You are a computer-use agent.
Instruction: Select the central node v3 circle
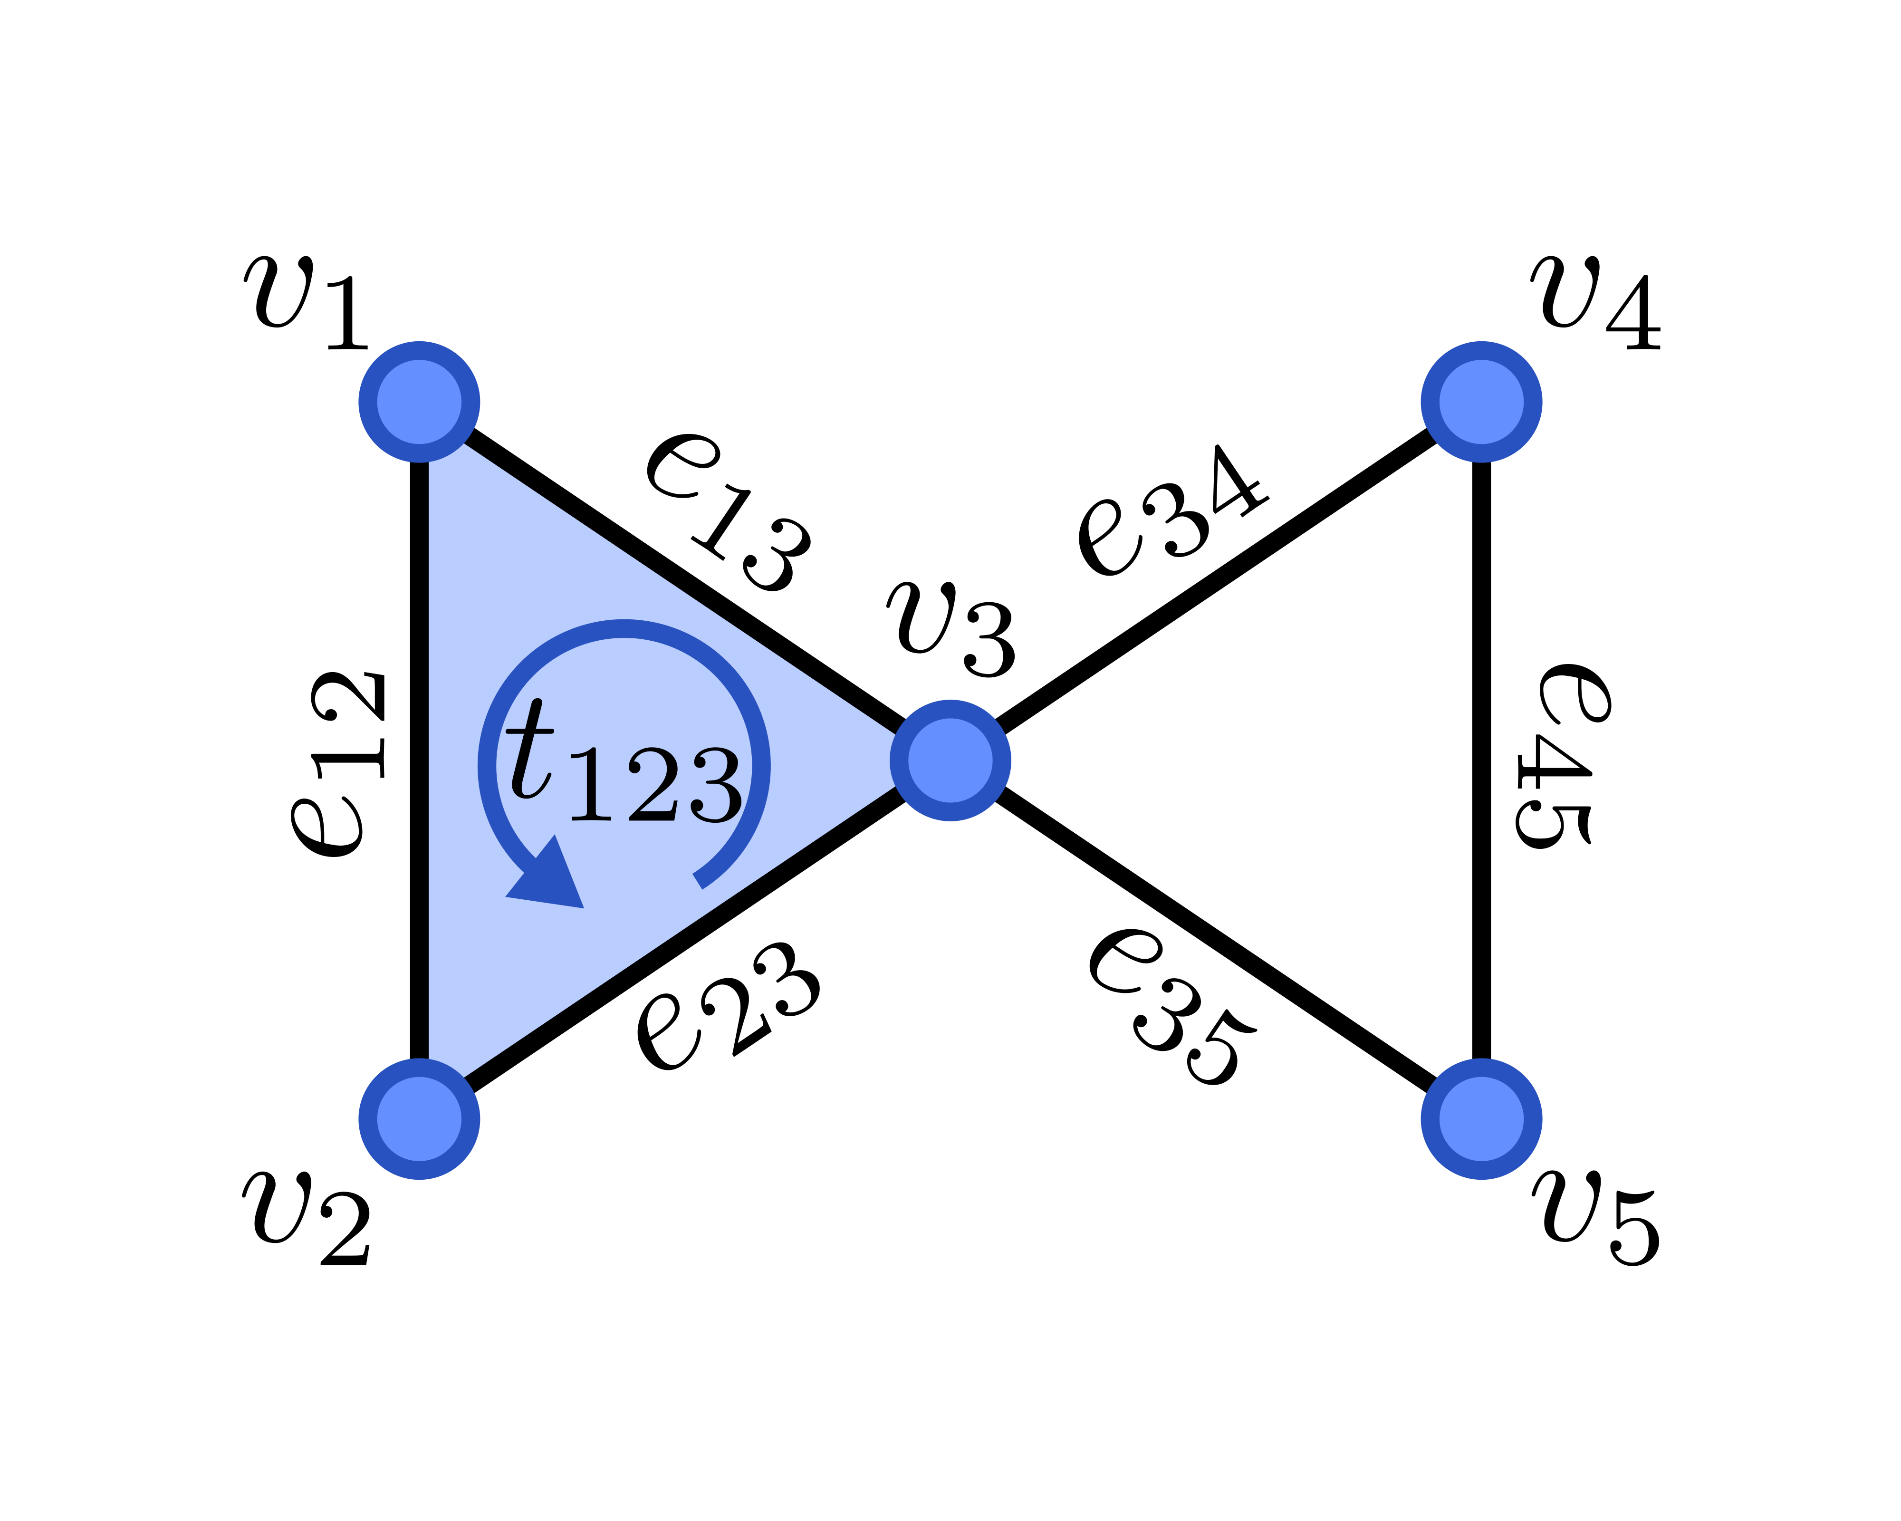click(950, 760)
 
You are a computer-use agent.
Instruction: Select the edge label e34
click(1173, 511)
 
